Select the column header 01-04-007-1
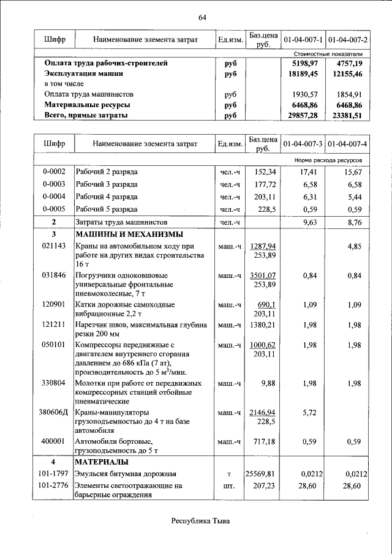click(x=303, y=40)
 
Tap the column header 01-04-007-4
click(x=347, y=144)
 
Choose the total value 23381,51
click(x=349, y=116)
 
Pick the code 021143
click(x=53, y=246)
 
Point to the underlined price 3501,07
click(x=263, y=276)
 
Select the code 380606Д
click(x=53, y=413)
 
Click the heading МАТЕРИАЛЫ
click(x=101, y=461)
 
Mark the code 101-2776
click(x=53, y=486)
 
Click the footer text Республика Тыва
click(x=202, y=521)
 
